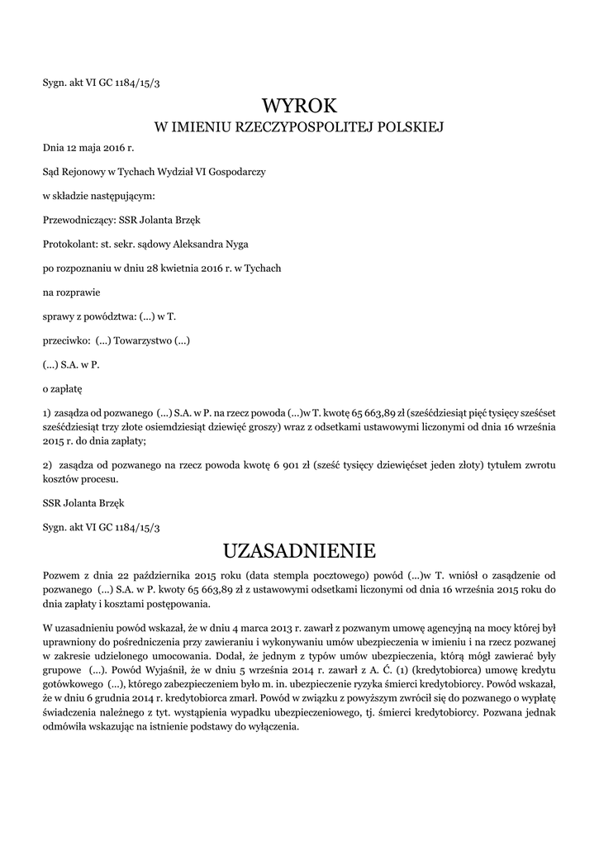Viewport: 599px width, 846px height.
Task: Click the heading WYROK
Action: [299, 106]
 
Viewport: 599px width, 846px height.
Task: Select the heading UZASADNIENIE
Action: [299, 549]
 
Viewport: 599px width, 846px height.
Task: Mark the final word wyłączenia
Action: [270, 729]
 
